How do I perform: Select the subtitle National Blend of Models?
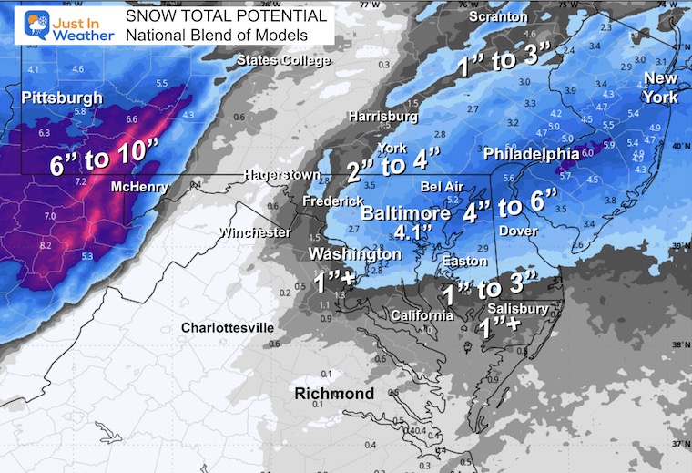216,36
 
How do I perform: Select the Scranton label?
498,17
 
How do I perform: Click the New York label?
660,87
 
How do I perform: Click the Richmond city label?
333,394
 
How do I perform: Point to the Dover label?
520,231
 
